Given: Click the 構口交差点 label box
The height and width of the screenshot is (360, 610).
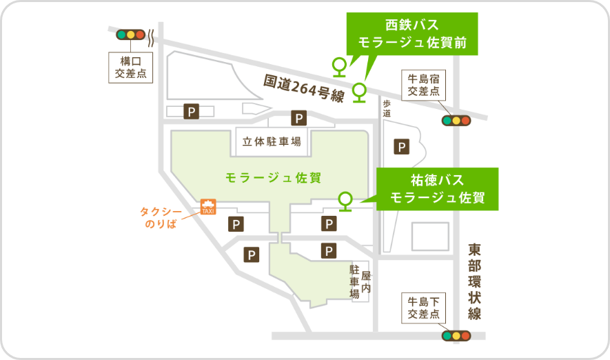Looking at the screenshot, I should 130,68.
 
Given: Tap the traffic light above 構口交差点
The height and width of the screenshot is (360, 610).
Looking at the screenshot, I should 130,34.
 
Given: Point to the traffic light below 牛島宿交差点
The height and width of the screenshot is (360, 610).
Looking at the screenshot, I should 456,120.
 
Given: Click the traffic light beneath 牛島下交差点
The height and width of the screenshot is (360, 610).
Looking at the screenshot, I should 456,336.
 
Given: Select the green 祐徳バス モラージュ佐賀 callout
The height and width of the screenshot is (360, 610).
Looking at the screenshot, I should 437,188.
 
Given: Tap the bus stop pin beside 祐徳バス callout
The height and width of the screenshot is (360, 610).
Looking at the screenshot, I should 345,200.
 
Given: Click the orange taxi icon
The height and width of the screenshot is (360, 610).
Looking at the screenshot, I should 207,207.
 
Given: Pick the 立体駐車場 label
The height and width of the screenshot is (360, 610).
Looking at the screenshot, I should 272,142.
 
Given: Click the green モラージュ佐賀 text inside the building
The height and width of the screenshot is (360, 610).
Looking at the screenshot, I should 273,177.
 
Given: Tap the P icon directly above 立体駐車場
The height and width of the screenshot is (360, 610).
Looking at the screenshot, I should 298,118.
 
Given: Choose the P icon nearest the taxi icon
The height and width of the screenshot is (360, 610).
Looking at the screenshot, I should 236,224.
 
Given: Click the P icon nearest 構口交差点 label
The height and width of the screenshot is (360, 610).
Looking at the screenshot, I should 191,110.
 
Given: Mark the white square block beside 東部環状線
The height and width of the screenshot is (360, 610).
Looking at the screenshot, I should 430,236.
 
